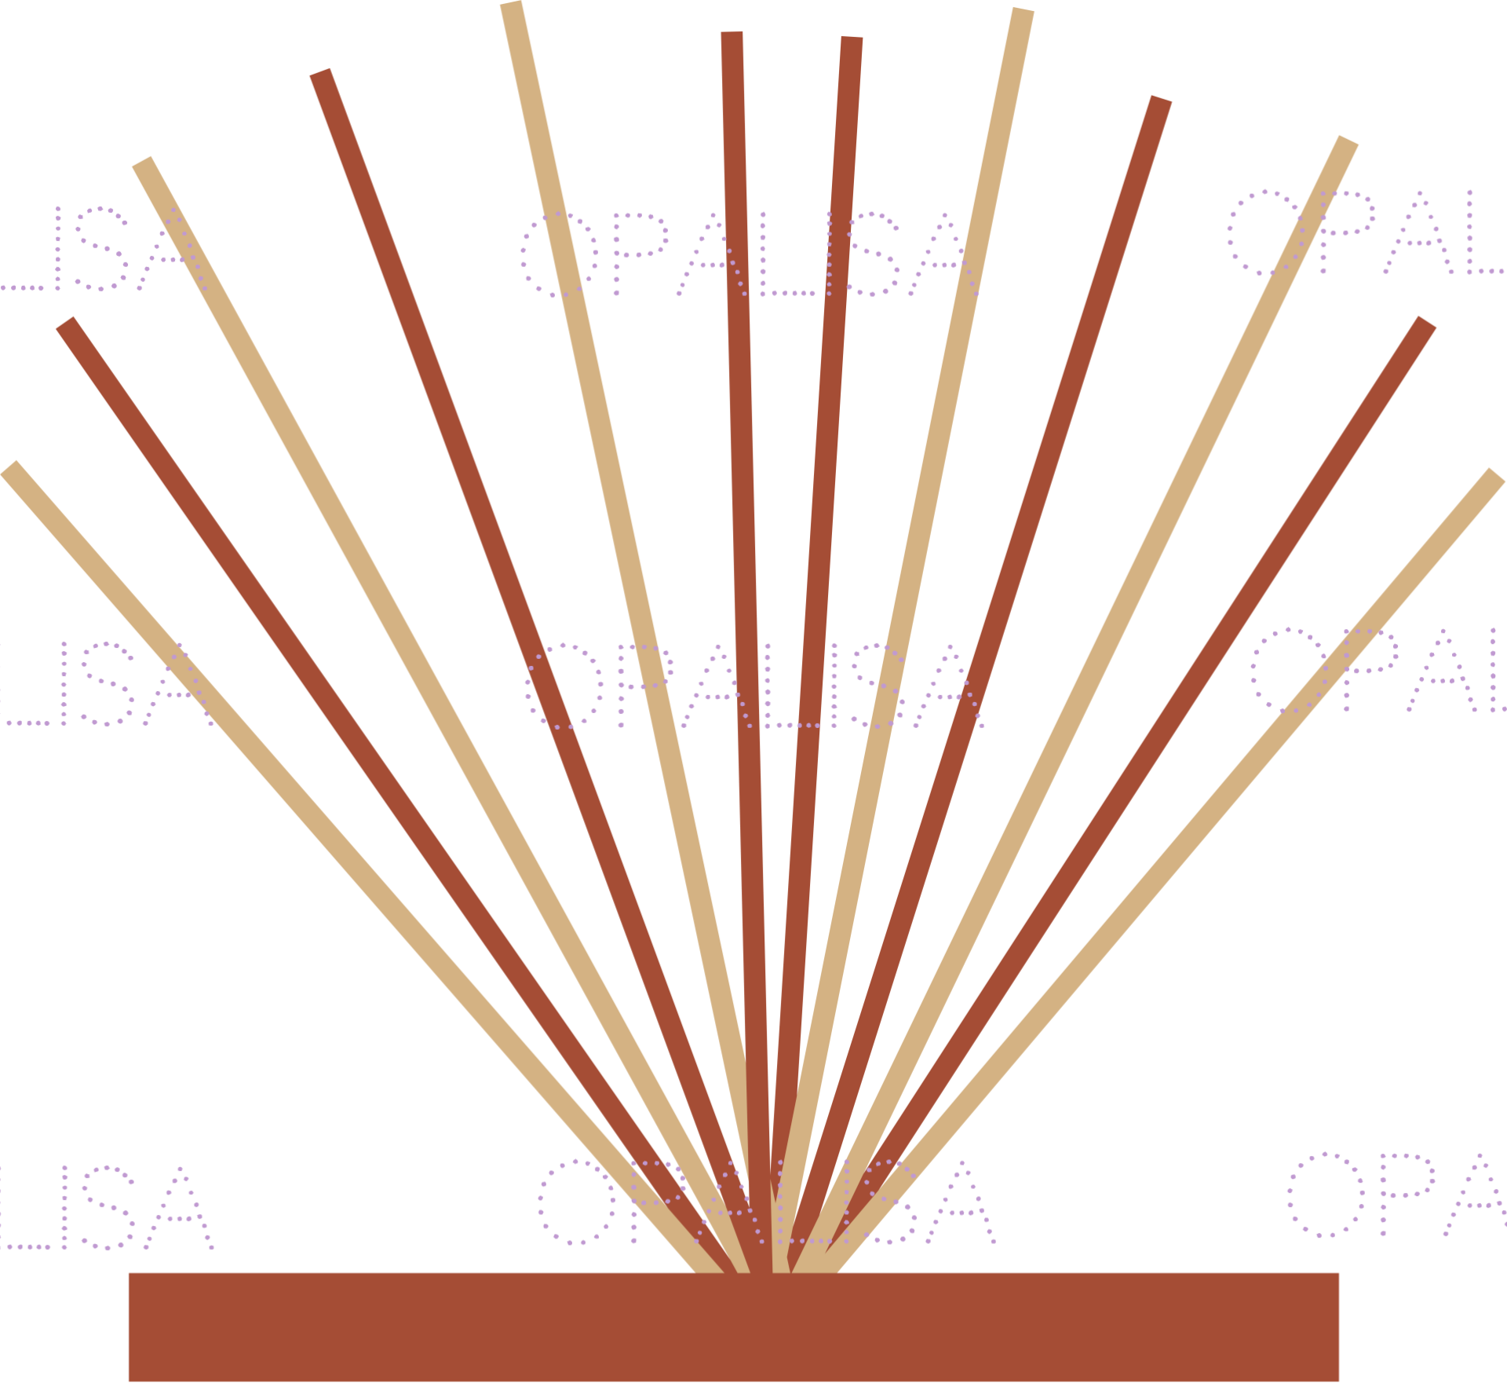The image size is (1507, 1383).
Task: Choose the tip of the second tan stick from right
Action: (1348, 141)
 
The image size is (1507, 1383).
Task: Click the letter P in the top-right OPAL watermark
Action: (1345, 232)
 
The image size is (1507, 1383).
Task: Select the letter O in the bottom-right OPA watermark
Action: (1326, 1195)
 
